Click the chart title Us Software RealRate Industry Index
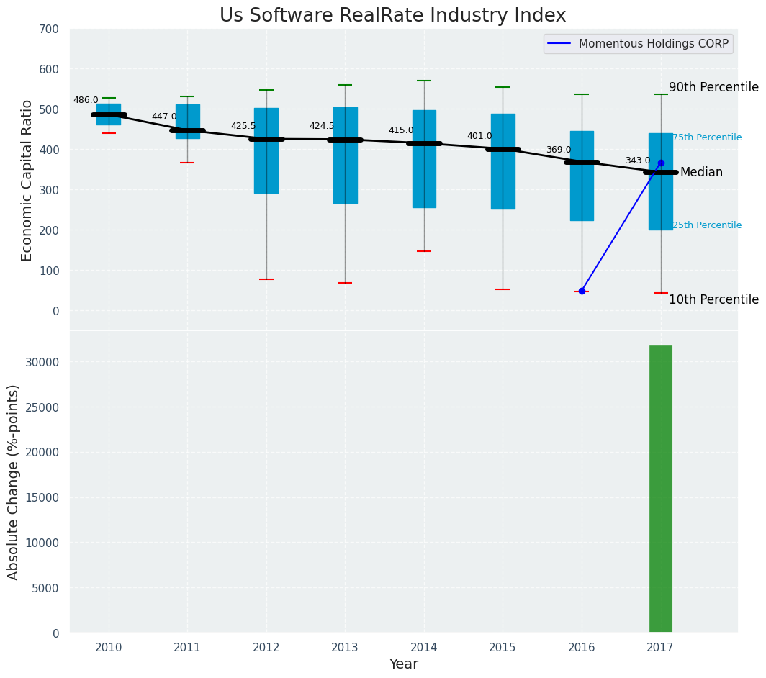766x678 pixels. point(392,16)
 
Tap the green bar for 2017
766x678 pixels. point(660,489)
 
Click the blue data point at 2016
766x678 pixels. point(582,291)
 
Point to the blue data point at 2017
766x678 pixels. point(661,163)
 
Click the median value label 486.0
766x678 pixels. point(86,101)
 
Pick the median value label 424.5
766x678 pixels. point(322,127)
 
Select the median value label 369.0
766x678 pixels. point(558,150)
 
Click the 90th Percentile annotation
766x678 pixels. point(713,88)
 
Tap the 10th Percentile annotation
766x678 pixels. point(713,300)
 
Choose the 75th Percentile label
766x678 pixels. point(706,137)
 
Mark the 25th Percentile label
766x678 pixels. point(706,225)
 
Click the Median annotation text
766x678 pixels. point(701,173)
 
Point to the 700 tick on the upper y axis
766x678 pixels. point(50,30)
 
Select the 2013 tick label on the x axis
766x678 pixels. point(345,648)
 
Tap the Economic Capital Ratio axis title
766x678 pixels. point(27,180)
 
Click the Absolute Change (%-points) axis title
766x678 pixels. point(14,482)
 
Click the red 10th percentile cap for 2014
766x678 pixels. point(424,251)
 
